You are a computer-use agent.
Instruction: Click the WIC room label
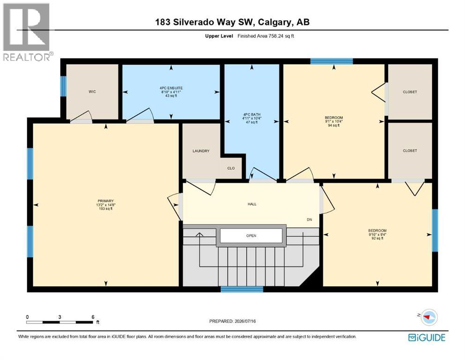[x=92, y=92]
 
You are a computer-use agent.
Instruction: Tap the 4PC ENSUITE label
[x=171, y=88]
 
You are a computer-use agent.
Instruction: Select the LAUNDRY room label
[x=201, y=151]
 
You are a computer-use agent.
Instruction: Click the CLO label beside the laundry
[x=231, y=168]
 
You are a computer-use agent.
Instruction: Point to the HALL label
[x=252, y=204]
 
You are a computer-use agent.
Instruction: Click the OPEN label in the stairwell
[x=251, y=236]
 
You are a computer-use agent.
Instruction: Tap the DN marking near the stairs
[x=310, y=220]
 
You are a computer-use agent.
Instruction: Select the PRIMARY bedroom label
[x=105, y=201]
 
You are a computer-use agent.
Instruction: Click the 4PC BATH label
[x=252, y=114]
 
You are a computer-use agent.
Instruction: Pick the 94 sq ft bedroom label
[x=334, y=118]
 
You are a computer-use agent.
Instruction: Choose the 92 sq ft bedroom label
[x=377, y=231]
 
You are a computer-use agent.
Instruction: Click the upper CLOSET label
[x=410, y=92]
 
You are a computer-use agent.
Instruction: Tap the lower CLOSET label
[x=410, y=151]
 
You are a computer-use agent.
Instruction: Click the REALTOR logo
[x=27, y=32]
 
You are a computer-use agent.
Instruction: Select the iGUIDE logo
[x=427, y=338]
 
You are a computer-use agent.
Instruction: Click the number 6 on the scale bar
[x=93, y=317]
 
